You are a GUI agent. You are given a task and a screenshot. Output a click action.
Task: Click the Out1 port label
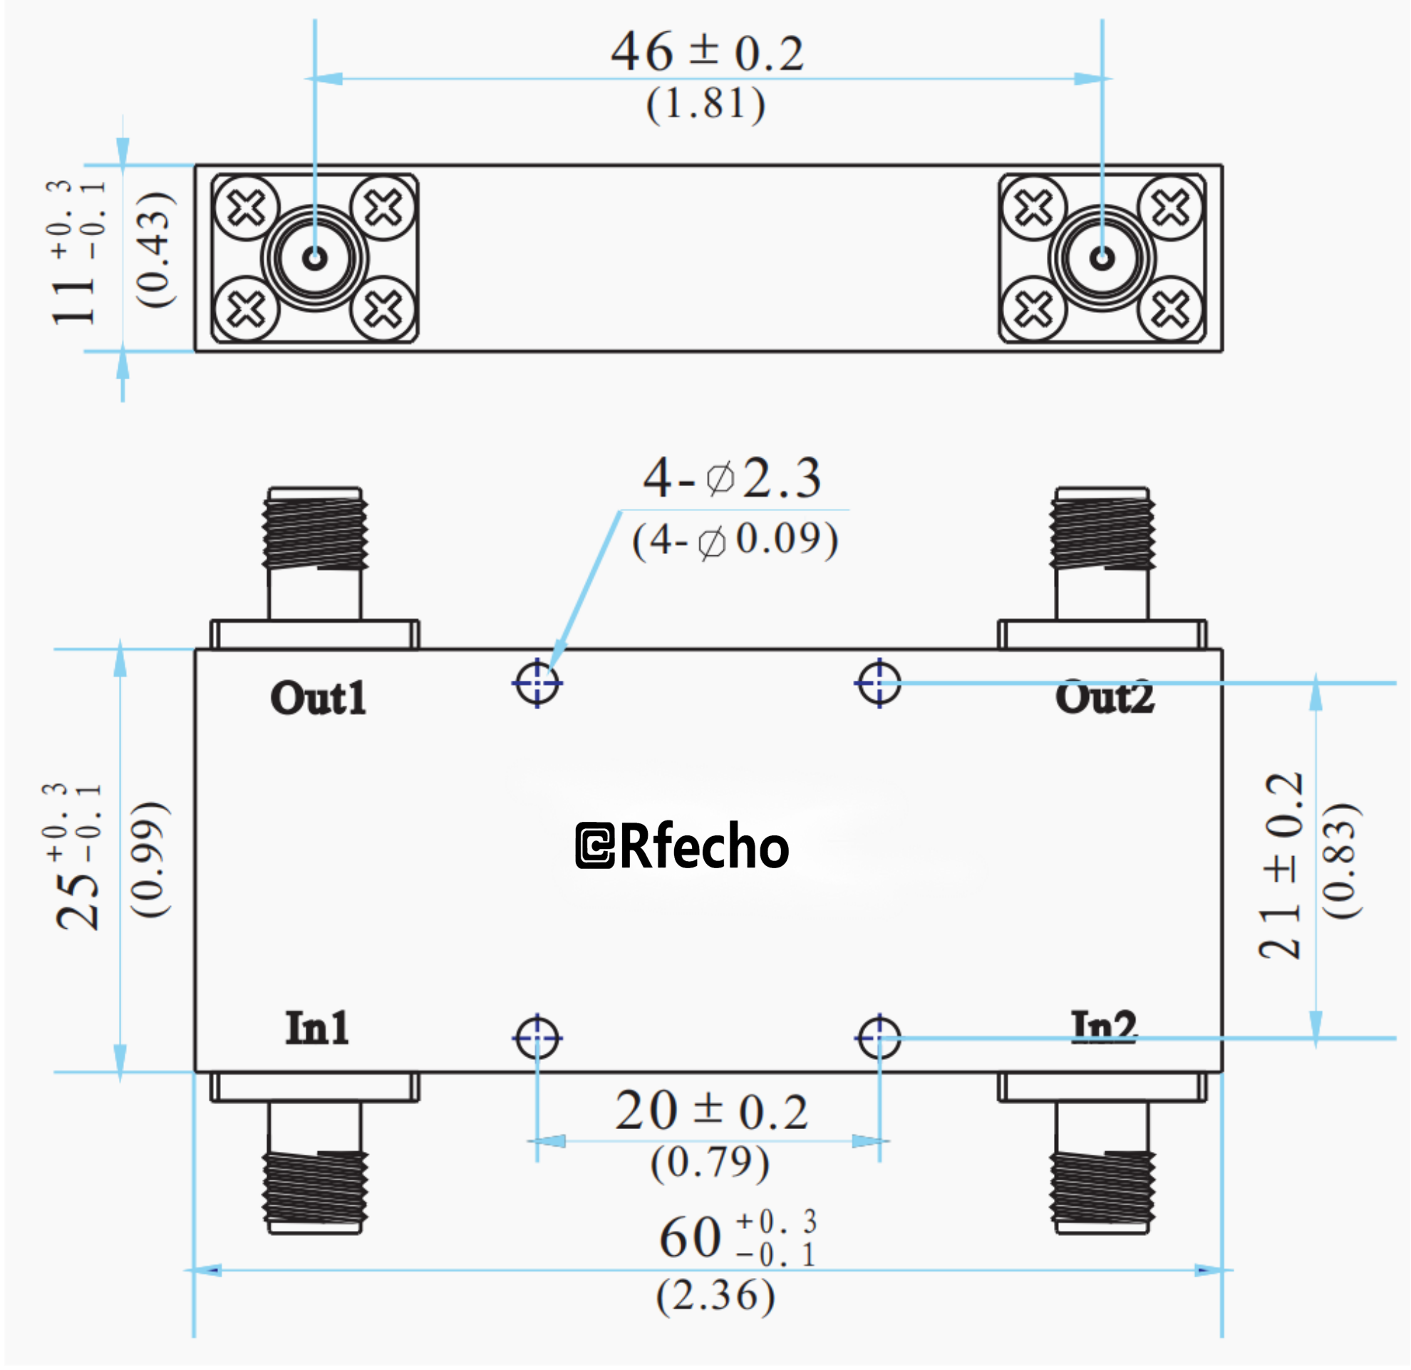319,699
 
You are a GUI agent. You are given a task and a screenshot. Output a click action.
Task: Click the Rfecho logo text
683,846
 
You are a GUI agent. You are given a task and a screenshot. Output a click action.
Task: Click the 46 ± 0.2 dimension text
707,53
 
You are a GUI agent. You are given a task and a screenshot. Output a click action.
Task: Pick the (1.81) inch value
705,103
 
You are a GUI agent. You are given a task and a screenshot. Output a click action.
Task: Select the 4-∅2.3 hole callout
732,479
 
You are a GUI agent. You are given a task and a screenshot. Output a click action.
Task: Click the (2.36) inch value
715,1296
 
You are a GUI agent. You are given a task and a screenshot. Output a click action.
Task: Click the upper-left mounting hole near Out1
538,682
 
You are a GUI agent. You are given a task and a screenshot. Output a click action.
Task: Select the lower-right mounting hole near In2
879,1038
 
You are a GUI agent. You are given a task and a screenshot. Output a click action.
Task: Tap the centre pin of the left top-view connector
315,258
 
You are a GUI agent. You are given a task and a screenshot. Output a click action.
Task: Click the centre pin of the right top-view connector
1102,258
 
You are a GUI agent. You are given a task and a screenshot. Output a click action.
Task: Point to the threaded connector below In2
1102,1191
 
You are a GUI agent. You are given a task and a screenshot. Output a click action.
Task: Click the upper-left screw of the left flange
247,209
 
